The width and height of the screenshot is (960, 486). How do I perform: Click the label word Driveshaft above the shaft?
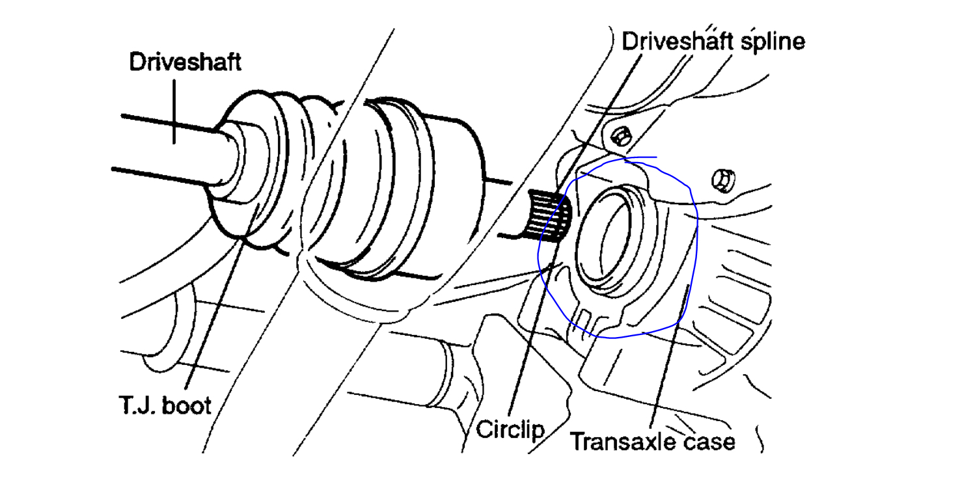tap(185, 62)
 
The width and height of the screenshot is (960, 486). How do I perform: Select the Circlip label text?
tap(510, 429)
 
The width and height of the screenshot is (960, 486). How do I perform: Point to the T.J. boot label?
tap(165, 406)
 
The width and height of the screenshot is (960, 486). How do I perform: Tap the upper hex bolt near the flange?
tap(622, 137)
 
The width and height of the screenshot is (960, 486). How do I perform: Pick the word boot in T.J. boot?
tap(187, 406)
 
